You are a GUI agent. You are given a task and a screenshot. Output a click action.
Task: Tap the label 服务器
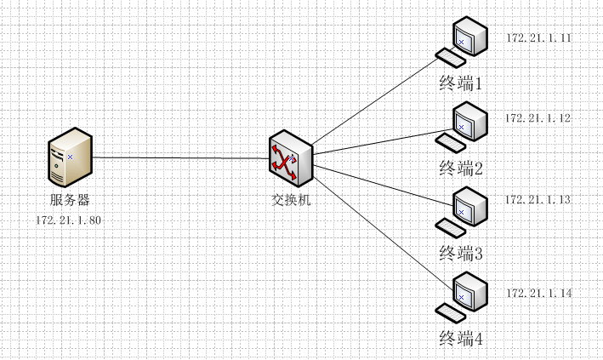click(x=70, y=201)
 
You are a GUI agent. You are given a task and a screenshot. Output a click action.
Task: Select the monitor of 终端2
click(x=468, y=121)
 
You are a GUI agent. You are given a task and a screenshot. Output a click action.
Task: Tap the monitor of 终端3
click(x=468, y=205)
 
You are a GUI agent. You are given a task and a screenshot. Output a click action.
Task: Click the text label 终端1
click(x=461, y=83)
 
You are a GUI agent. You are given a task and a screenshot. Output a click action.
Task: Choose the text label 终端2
click(x=461, y=168)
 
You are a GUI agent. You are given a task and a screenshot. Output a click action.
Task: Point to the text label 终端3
click(x=461, y=253)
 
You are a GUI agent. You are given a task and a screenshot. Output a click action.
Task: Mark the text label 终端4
click(x=461, y=339)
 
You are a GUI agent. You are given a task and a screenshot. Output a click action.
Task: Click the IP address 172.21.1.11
click(x=538, y=39)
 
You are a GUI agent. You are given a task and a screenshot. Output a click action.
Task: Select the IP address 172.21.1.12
click(x=538, y=117)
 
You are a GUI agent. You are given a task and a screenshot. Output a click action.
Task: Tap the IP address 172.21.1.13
click(x=538, y=199)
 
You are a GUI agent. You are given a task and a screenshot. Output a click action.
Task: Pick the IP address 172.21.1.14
click(x=538, y=294)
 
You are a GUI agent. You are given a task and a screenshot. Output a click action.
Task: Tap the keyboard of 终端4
click(x=448, y=310)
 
